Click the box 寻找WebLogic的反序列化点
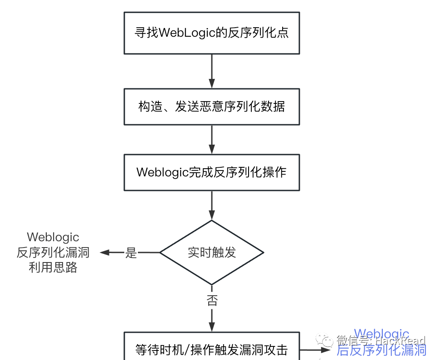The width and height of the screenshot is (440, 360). tap(211, 33)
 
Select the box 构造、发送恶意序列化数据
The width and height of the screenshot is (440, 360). tap(211, 106)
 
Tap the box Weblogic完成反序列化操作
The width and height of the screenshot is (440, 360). tap(211, 172)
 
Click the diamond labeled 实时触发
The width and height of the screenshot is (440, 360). tap(212, 253)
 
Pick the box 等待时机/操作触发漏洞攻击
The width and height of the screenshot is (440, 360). tap(211, 349)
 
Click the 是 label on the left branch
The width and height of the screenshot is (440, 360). tap(131, 253)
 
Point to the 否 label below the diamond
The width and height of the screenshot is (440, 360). tap(212, 301)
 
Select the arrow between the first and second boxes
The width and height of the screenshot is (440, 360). tap(212, 71)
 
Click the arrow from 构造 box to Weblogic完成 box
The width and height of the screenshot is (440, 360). tap(212, 139)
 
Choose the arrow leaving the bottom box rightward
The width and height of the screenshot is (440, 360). tap(315, 350)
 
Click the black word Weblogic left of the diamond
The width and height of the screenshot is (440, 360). tap(53, 237)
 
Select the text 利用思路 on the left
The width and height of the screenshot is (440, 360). tap(53, 268)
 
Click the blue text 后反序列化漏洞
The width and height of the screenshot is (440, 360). tap(381, 350)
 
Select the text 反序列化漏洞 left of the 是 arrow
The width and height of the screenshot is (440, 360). tap(53, 253)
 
